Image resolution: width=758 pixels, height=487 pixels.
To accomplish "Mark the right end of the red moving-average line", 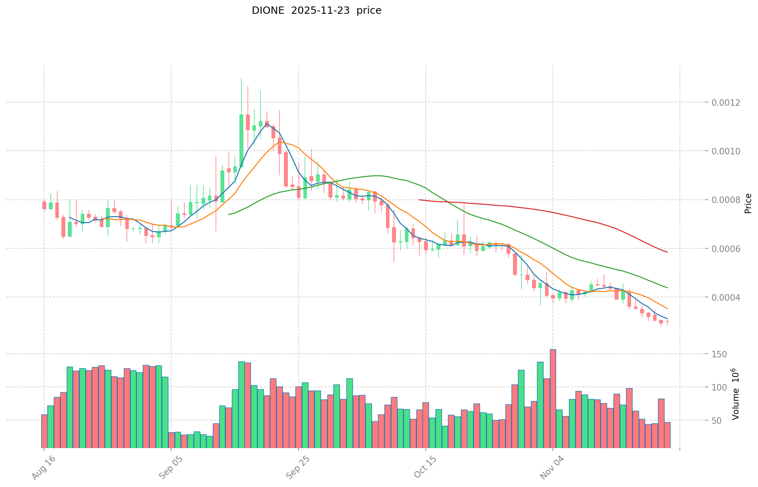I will [667, 252].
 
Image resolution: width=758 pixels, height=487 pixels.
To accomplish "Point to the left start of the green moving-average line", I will [229, 214].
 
